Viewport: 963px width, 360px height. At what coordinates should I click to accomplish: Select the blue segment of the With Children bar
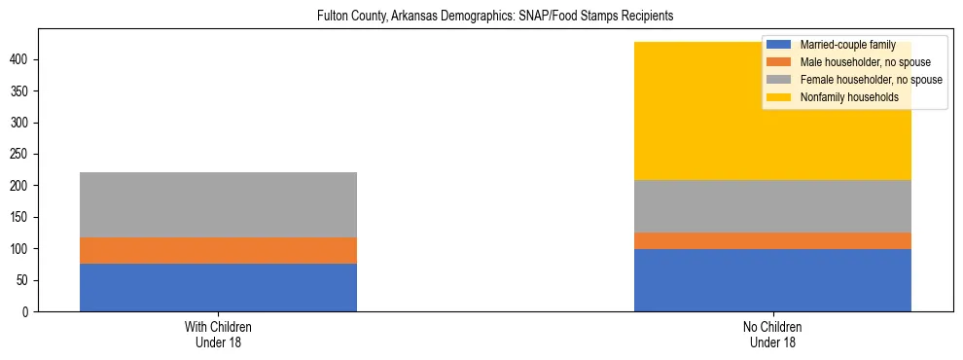tap(218, 287)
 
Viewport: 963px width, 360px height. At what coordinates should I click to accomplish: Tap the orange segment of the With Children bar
tap(218, 250)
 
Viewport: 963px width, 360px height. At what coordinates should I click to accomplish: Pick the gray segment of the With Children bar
tap(218, 204)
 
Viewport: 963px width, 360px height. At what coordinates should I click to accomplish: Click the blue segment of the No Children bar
tap(772, 279)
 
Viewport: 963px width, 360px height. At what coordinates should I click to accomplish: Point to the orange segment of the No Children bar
tap(772, 240)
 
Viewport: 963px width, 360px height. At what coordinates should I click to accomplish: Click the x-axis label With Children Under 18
tap(218, 334)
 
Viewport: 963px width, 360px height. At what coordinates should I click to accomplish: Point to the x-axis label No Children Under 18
tap(772, 334)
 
